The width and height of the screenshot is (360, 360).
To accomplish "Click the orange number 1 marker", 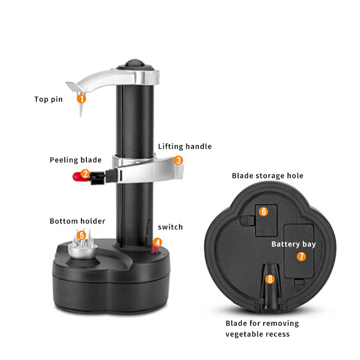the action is pyautogui.click(x=81, y=99).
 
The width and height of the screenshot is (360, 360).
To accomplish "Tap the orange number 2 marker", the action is pyautogui.click(x=85, y=174).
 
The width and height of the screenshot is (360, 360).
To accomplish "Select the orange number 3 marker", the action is pyautogui.click(x=178, y=160).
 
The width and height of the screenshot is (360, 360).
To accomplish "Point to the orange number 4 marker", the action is pyautogui.click(x=157, y=243).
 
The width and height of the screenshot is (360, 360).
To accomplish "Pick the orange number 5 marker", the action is pyautogui.click(x=81, y=235).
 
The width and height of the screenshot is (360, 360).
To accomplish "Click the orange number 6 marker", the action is pyautogui.click(x=263, y=211).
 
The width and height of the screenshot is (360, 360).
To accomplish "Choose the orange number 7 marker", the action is pyautogui.click(x=301, y=256).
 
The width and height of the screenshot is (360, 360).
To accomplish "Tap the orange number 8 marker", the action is pyautogui.click(x=270, y=279).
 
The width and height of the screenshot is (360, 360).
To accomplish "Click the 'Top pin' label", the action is pyautogui.click(x=49, y=99).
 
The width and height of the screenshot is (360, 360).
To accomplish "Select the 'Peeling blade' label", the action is pyautogui.click(x=76, y=160).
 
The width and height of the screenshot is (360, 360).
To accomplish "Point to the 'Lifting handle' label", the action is pyautogui.click(x=185, y=146).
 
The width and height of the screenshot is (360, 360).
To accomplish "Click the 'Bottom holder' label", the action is pyautogui.click(x=77, y=221).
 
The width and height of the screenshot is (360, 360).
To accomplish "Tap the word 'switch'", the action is pyautogui.click(x=171, y=227).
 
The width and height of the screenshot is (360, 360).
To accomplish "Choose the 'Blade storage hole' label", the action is pyautogui.click(x=267, y=175).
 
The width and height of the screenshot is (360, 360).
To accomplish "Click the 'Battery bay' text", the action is pyautogui.click(x=294, y=244).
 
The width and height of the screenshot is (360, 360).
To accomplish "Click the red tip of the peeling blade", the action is pyautogui.click(x=77, y=177).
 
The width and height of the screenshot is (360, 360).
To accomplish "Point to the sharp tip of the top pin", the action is pyautogui.click(x=81, y=116).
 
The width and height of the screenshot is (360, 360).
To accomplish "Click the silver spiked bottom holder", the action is pyautogui.click(x=83, y=246).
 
